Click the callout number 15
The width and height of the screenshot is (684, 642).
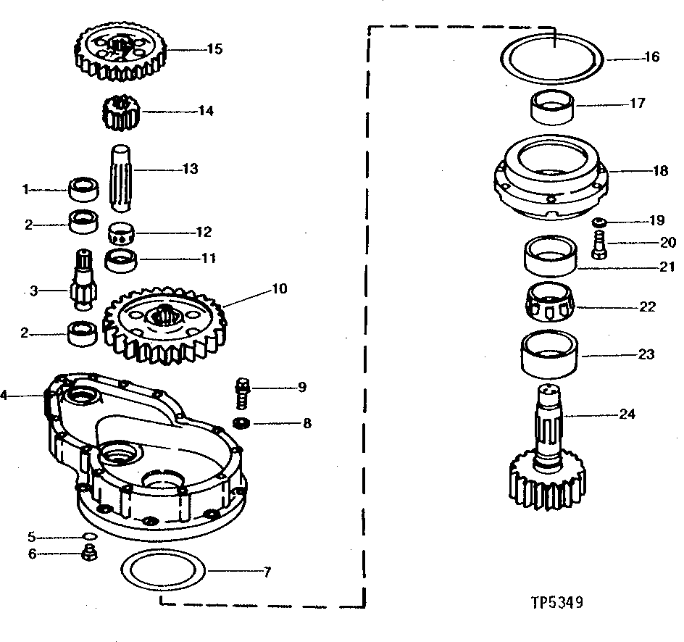(214, 49)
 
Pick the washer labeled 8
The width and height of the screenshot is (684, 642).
(242, 422)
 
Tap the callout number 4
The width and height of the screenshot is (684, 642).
(4, 396)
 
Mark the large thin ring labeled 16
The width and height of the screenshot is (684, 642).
(554, 56)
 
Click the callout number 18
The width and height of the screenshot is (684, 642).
(660, 171)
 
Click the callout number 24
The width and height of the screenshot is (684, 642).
(627, 414)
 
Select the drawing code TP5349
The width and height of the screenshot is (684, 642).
(556, 601)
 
